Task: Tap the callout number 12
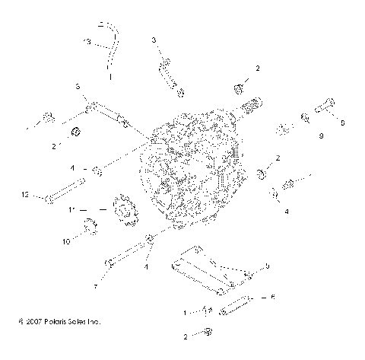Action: point(25,196)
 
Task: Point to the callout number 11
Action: point(71,209)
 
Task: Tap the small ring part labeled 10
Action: point(89,225)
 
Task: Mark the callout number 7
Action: point(95,286)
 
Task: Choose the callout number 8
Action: point(267,266)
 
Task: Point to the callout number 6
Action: point(273,297)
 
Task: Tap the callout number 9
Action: point(300,136)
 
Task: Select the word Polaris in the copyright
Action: point(52,322)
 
